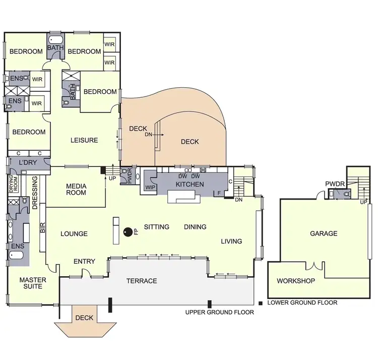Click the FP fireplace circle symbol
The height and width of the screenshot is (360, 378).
pyautogui.click(x=128, y=232)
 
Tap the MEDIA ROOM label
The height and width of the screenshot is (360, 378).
pyautogui.click(x=77, y=189)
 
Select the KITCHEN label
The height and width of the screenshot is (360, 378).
pyautogui.click(x=190, y=185)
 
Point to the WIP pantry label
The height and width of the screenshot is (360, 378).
pyautogui.click(x=150, y=188)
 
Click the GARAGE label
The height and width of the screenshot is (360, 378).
pyautogui.click(x=324, y=233)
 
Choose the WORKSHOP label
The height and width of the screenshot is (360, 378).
pyautogui.click(x=296, y=281)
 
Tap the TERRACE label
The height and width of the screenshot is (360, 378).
pyautogui.click(x=141, y=281)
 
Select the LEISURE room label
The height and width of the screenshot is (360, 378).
pyautogui.click(x=84, y=140)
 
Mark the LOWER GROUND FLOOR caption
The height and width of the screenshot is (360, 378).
pyautogui.click(x=302, y=303)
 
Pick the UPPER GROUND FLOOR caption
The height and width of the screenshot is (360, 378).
pyautogui.click(x=219, y=313)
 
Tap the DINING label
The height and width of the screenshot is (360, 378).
pyautogui.click(x=195, y=227)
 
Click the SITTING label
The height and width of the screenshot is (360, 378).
pyautogui.click(x=156, y=227)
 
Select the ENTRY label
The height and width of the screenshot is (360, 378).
pyautogui.click(x=84, y=261)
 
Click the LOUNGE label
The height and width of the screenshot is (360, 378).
pyautogui.click(x=74, y=234)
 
